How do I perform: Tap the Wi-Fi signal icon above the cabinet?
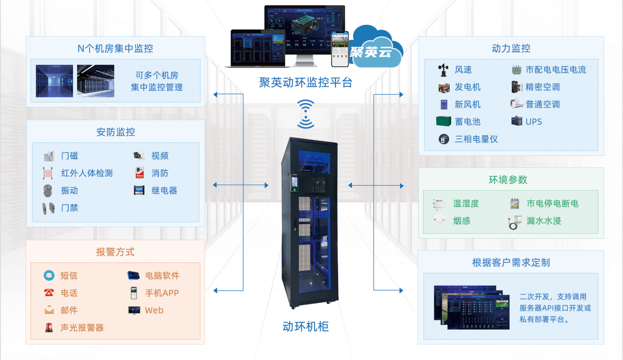[x=306, y=114]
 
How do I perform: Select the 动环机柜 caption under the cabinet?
[x=306, y=327]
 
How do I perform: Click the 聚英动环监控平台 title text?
[x=306, y=83]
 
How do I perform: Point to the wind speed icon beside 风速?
[x=444, y=70]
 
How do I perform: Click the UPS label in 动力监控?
[x=534, y=122]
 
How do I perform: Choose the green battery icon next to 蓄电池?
[x=444, y=122]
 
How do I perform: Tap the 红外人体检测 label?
[x=87, y=173]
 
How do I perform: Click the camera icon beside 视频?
[x=139, y=156]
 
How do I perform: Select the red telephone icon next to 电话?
[x=49, y=293]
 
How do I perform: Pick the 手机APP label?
[x=162, y=293]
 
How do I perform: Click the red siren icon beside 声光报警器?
[x=49, y=328]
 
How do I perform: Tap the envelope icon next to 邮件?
[x=49, y=310]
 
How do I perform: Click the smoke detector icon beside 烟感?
[x=440, y=221]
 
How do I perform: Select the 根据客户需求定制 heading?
[x=511, y=262]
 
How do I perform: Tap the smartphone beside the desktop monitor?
[x=340, y=49]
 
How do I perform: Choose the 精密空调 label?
[x=543, y=87]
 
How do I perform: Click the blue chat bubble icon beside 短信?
[x=49, y=276]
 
